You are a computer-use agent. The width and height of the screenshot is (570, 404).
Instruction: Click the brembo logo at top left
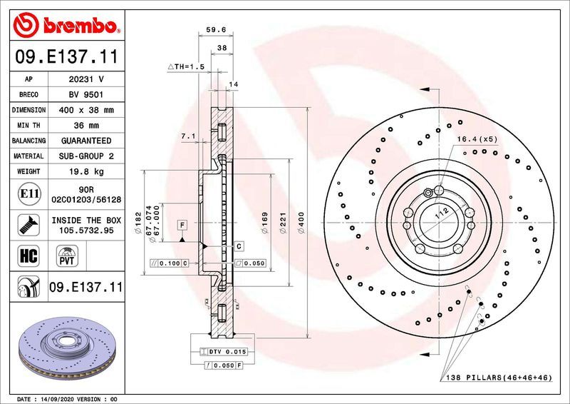[66, 26]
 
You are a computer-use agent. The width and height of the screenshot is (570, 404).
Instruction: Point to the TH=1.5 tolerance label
[186, 66]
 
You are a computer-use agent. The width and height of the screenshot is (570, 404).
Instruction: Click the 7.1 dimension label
[189, 136]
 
